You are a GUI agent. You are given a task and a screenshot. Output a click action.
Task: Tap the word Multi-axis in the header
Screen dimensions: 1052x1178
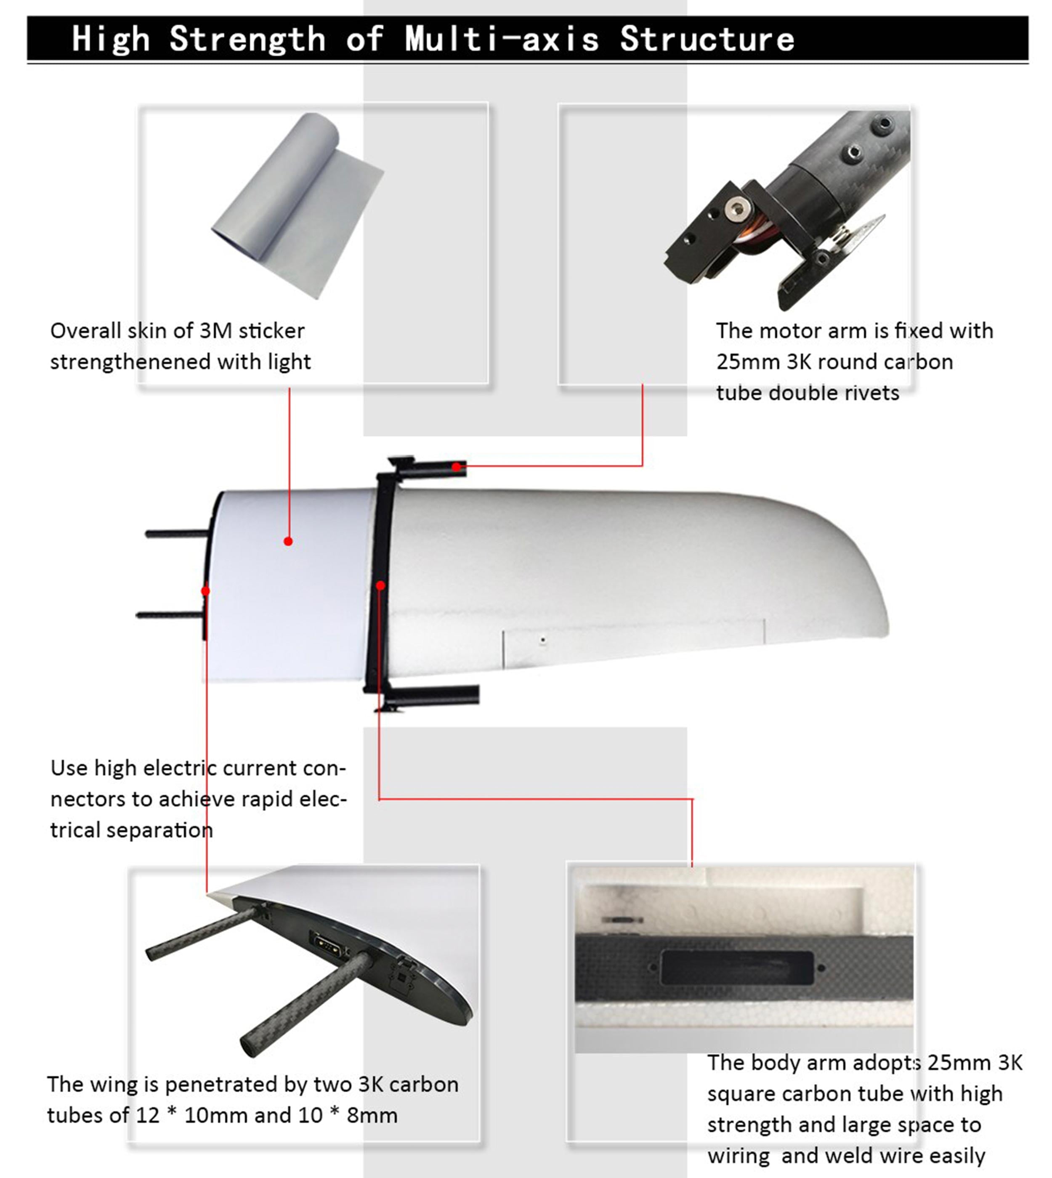[x=502, y=39]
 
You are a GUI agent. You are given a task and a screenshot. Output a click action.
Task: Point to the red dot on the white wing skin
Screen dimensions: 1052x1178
[x=288, y=541]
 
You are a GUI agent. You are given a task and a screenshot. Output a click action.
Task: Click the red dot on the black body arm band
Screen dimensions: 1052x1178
[x=380, y=585]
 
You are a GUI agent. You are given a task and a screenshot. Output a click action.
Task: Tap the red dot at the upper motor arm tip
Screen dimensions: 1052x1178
[x=457, y=466]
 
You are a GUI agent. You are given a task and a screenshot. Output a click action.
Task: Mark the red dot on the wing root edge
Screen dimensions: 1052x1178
[x=205, y=591]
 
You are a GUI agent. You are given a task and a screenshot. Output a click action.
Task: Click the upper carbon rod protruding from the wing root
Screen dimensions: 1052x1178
[x=176, y=534]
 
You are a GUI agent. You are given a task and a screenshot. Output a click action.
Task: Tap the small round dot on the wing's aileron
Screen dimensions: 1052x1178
[x=543, y=639]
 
